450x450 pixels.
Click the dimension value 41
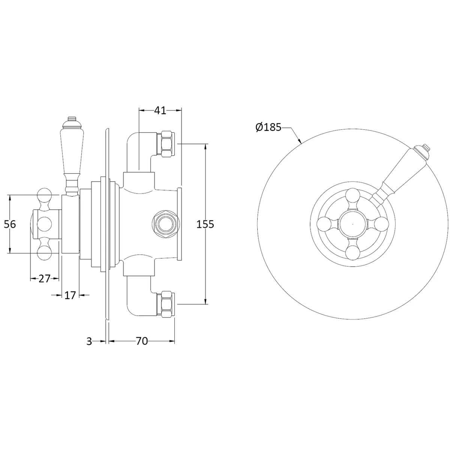coord(160,111)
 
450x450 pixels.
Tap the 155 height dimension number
coord(205,224)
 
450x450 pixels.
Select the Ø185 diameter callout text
coord(268,127)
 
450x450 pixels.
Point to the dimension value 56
coord(10,224)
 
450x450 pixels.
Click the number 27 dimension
coord(44,279)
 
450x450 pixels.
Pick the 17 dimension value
coord(70,295)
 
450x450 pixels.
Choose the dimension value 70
coord(142,341)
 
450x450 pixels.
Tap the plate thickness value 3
coord(89,342)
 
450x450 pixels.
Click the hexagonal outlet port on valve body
coord(166,224)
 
